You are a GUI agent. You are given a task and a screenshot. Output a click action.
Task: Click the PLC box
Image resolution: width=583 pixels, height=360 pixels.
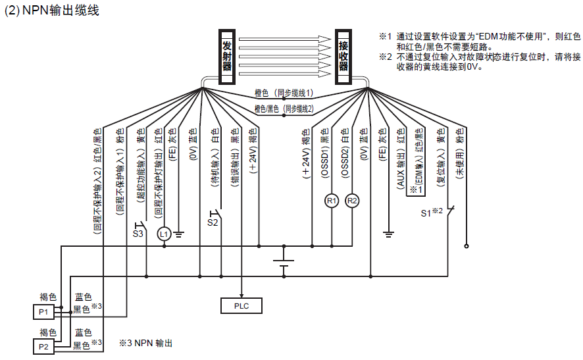pos(241,305)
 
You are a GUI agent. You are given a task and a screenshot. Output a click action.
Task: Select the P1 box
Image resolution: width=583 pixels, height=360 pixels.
pos(43,311)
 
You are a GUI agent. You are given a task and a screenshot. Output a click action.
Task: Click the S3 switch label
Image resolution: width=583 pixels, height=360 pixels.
pos(138,233)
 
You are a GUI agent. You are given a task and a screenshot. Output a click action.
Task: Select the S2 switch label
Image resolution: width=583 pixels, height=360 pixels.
pos(213,222)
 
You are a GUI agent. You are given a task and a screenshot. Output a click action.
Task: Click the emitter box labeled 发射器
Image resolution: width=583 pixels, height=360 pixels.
pos(227,57)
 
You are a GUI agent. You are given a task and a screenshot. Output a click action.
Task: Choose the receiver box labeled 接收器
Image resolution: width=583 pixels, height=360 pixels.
pos(343,57)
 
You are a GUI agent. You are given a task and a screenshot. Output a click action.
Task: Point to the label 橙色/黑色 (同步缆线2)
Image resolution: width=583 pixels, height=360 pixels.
pos(284,109)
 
